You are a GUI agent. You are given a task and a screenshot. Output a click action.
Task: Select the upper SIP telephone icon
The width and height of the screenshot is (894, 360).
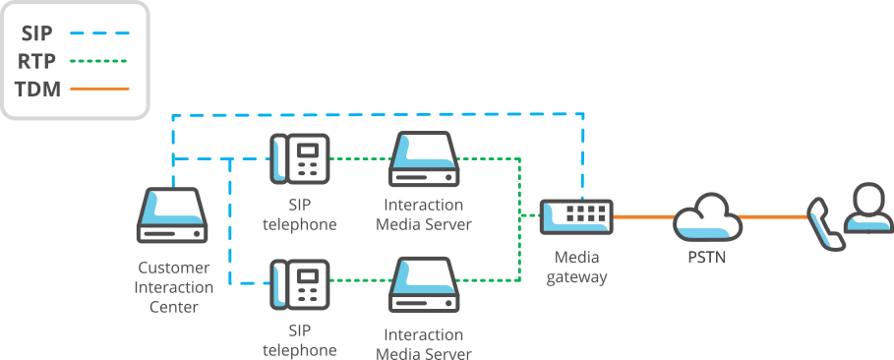(x=299, y=157)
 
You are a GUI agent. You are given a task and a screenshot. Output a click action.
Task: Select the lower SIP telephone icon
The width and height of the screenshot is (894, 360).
(x=299, y=284)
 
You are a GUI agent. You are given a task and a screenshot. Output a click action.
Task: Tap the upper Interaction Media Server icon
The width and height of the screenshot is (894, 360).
(x=424, y=159)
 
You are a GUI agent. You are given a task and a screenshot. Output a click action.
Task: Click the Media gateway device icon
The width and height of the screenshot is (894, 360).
(x=576, y=215)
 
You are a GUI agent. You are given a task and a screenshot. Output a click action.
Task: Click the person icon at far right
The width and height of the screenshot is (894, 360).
(x=865, y=208)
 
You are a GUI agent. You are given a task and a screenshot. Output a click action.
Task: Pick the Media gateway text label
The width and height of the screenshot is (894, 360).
(x=576, y=267)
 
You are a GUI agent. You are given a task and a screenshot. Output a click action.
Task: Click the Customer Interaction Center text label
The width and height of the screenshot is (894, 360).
(x=173, y=287)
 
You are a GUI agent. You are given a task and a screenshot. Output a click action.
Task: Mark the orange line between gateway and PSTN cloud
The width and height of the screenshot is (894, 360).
(x=643, y=216)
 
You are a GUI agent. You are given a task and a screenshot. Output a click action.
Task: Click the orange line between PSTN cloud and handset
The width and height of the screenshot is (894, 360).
(x=772, y=216)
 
